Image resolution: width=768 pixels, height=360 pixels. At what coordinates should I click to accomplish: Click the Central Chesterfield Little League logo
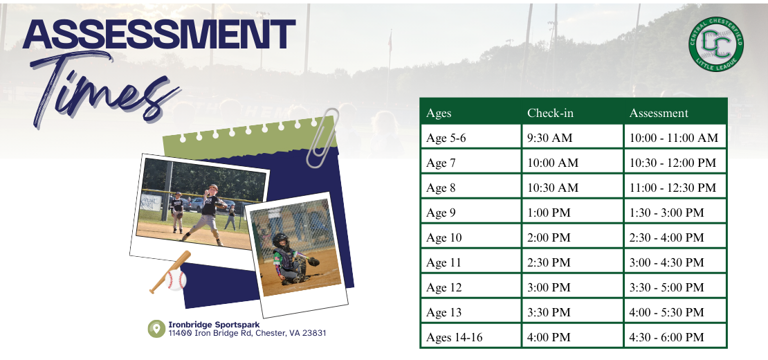(716, 45)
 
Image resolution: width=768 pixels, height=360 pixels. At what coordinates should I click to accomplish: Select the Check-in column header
(550, 113)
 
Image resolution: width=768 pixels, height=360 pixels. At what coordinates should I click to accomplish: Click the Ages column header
(439, 113)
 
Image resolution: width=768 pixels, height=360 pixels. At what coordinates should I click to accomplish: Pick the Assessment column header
(659, 113)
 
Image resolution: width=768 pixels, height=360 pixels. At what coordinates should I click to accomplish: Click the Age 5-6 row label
(446, 138)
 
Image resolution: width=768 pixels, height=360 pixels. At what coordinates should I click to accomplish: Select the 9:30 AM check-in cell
(550, 138)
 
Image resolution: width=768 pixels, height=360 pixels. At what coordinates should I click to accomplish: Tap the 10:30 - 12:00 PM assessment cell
(673, 163)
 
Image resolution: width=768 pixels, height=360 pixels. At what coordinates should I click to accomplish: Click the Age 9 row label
(441, 213)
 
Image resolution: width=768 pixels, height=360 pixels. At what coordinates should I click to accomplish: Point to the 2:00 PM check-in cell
(549, 237)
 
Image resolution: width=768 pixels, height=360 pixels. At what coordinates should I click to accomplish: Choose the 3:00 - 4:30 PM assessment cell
(666, 262)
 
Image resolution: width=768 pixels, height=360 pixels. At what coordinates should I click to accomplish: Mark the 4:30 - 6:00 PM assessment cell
(666, 337)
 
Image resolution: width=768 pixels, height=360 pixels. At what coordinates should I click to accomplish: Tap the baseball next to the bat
(176, 280)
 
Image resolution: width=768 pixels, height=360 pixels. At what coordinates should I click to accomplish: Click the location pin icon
(156, 328)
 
